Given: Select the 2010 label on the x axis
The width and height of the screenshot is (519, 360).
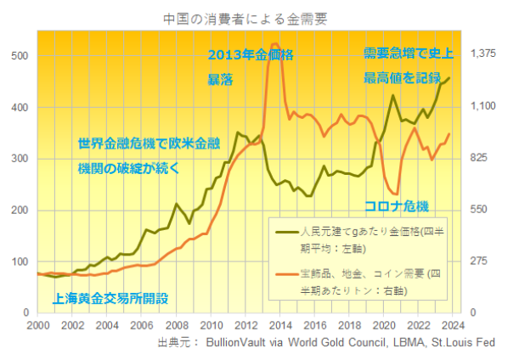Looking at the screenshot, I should [x=212, y=325].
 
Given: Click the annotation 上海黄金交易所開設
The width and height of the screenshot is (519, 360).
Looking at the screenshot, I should [x=110, y=298].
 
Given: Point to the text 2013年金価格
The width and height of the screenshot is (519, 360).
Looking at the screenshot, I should [x=251, y=56].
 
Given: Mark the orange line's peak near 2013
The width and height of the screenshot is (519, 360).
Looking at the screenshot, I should [x=274, y=43].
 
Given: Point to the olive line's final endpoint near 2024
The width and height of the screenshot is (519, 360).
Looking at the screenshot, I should [x=449, y=78].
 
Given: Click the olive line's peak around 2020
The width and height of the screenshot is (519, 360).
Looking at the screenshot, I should [x=392, y=95].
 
